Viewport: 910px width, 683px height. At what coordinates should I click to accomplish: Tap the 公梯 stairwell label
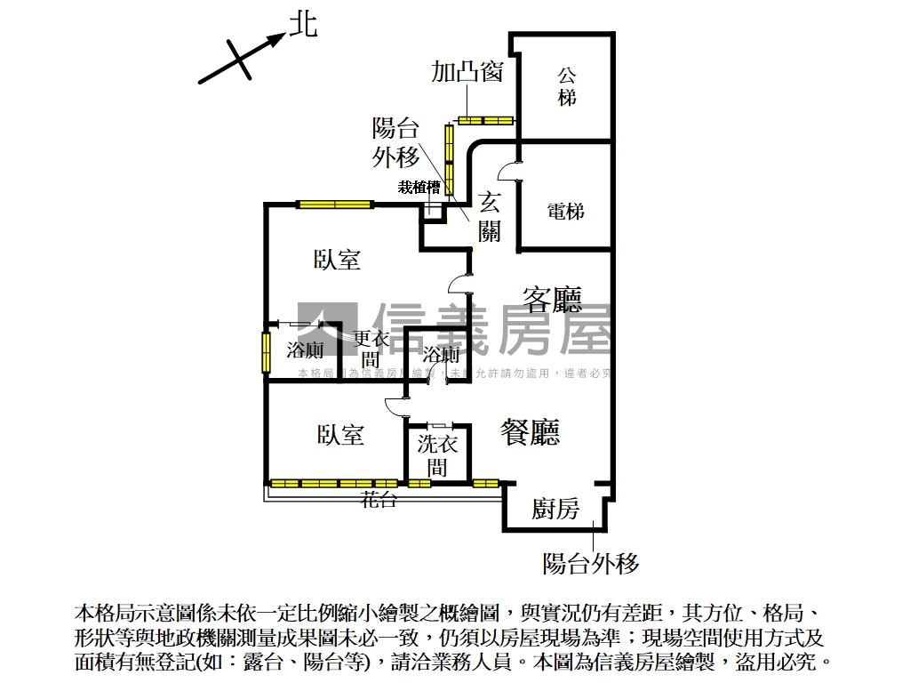567,86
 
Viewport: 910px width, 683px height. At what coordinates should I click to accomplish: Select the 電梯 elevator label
566,212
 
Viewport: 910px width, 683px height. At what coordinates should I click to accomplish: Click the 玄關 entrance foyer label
490,216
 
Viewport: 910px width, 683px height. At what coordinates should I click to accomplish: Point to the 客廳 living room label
552,299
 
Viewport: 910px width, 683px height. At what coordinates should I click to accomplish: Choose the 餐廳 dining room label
531,432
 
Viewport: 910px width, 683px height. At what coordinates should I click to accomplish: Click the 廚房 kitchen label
555,509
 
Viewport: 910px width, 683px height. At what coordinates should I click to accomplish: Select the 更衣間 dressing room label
371,350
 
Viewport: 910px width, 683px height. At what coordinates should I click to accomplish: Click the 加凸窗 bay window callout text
467,71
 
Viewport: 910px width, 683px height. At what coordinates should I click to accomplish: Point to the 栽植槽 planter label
419,187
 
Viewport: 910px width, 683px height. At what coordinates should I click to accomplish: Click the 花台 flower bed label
379,501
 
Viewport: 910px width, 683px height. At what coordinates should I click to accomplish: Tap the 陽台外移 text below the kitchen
591,563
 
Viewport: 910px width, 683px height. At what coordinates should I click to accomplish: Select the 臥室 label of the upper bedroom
338,260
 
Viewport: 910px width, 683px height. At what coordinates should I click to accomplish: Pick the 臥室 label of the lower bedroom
340,435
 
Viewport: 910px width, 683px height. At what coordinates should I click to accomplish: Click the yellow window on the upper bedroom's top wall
334,205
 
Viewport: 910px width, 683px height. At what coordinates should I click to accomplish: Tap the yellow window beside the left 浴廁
266,352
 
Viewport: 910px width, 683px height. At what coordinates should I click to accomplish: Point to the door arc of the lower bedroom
395,406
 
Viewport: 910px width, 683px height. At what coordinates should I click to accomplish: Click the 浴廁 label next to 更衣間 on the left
305,350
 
